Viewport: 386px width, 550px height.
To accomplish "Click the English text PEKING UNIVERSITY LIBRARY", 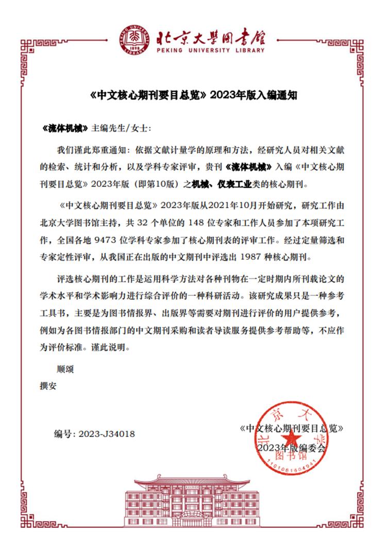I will pos(210,51).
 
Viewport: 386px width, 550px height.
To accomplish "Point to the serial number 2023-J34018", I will pos(107,434).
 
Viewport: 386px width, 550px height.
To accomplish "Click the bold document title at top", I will pos(192,96).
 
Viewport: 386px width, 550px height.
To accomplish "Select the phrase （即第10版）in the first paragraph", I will pos(155,184).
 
